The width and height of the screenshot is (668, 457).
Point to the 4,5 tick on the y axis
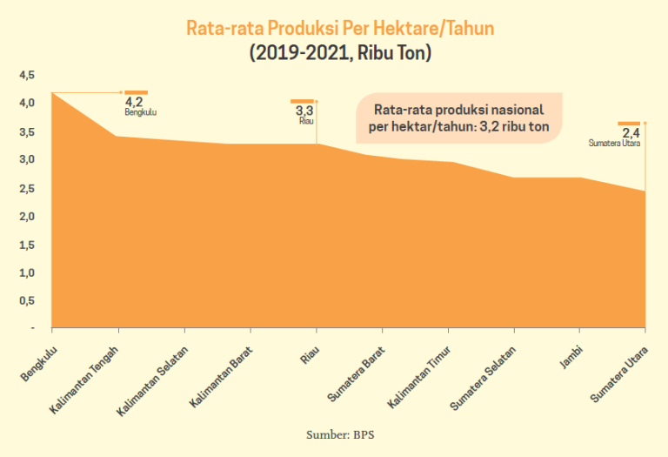(26, 75)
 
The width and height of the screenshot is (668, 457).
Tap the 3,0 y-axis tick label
(26, 159)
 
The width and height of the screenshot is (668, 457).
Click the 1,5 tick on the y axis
(26, 245)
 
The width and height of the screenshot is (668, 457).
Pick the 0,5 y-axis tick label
(26, 300)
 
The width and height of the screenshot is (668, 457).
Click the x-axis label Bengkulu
(37, 363)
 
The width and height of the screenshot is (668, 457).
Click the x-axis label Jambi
(571, 358)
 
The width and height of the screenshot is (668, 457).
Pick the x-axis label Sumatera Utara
(618, 373)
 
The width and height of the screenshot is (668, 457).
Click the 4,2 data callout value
(133, 102)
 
